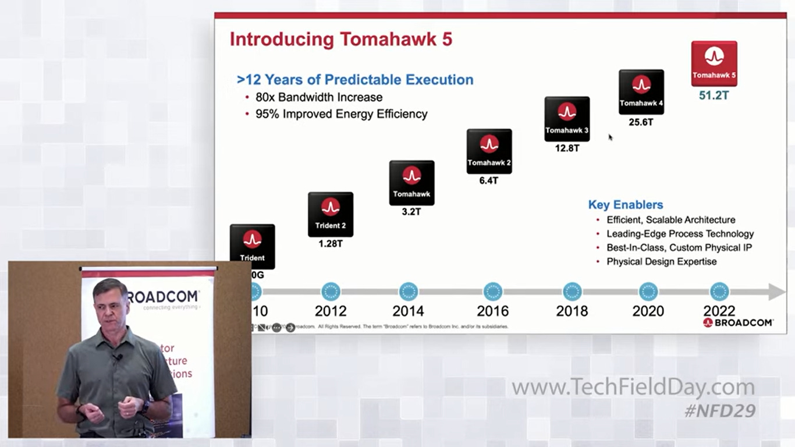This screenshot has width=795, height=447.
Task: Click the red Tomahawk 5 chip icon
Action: pyautogui.click(x=714, y=63)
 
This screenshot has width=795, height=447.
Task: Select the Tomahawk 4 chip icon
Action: pyautogui.click(x=641, y=91)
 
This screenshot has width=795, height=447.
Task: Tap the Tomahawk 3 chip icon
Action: pyautogui.click(x=567, y=119)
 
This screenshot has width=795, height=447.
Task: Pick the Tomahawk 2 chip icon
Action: pyautogui.click(x=489, y=151)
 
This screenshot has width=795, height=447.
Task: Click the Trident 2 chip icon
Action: pyautogui.click(x=331, y=214)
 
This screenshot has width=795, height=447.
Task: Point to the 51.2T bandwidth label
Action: pyautogui.click(x=714, y=95)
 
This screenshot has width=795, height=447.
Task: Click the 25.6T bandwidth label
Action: pyautogui.click(x=641, y=122)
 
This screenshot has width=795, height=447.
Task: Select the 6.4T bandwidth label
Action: pyautogui.click(x=489, y=180)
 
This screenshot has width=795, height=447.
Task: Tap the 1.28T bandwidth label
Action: pyautogui.click(x=331, y=244)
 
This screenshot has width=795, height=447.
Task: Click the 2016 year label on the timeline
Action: pyautogui.click(x=492, y=311)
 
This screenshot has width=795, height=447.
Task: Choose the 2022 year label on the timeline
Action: pyautogui.click(x=719, y=311)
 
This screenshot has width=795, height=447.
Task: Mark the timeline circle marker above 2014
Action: pyautogui.click(x=409, y=292)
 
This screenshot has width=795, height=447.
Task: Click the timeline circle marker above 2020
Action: pyautogui.click(x=648, y=292)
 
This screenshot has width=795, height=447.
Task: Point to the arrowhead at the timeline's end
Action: pyautogui.click(x=776, y=292)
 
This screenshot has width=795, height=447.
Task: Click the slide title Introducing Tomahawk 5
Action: pyautogui.click(x=341, y=40)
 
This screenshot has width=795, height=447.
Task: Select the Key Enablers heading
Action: pyautogui.click(x=626, y=205)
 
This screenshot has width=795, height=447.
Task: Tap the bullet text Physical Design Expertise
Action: pyautogui.click(x=662, y=262)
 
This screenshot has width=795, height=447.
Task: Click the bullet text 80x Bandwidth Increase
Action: pyautogui.click(x=319, y=97)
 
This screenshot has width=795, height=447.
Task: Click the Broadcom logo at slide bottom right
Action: pyautogui.click(x=738, y=322)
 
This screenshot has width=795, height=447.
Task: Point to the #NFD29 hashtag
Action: pyautogui.click(x=720, y=411)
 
